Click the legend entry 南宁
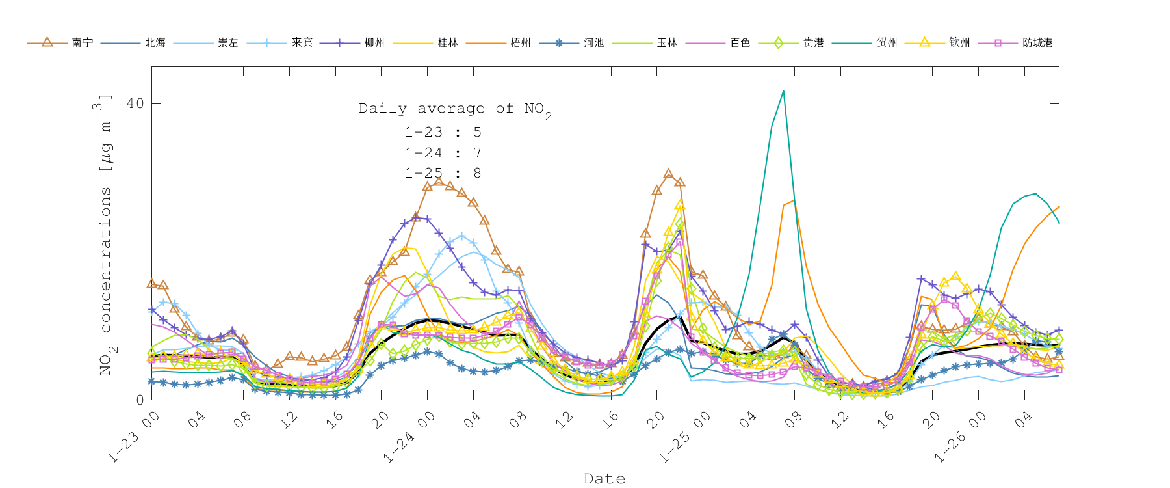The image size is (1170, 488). click(x=82, y=43)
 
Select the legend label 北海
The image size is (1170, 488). click(x=155, y=43)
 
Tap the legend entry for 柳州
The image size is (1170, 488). click(x=374, y=43)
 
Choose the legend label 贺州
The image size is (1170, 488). click(x=887, y=43)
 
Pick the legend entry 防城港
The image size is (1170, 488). click(x=1037, y=43)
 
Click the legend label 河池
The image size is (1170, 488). click(x=593, y=43)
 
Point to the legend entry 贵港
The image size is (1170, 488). click(x=813, y=43)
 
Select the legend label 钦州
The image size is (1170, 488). click(x=959, y=43)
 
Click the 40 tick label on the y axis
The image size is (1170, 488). click(x=135, y=103)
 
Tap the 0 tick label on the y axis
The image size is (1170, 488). click(x=140, y=400)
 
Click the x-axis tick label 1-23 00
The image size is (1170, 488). click(x=134, y=438)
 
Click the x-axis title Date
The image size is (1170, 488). click(x=604, y=479)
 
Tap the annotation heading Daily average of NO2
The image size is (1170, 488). click(x=455, y=109)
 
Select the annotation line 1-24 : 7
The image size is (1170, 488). click(x=443, y=153)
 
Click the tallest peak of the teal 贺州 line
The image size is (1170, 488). click(x=783, y=91)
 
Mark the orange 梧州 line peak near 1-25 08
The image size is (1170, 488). click(x=794, y=200)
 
